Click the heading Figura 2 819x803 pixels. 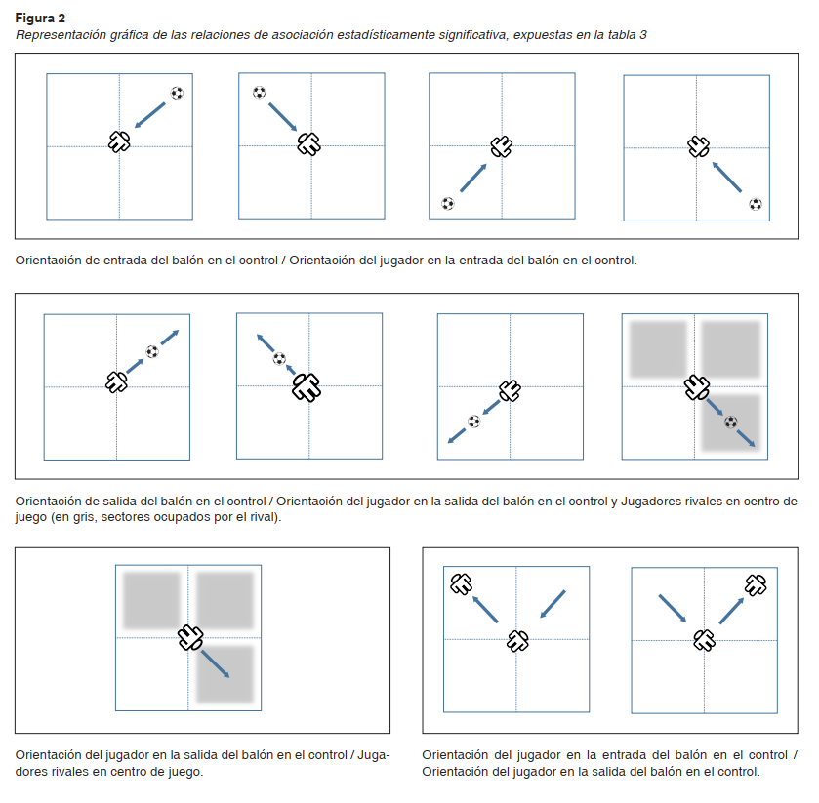(40, 18)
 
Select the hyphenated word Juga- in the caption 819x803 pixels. (372, 754)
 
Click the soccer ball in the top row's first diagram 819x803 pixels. (177, 93)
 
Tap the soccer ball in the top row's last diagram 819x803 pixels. (755, 204)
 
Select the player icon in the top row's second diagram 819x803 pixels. (308, 144)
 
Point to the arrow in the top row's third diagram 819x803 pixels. (472, 178)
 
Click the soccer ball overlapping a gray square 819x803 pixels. (730, 422)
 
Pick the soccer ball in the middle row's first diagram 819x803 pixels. (152, 351)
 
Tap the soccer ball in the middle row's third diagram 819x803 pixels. (473, 422)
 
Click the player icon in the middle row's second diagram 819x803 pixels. (307, 387)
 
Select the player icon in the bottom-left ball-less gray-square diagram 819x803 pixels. (189, 638)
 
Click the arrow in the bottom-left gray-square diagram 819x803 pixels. (215, 663)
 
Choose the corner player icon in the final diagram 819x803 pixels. (756, 585)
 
